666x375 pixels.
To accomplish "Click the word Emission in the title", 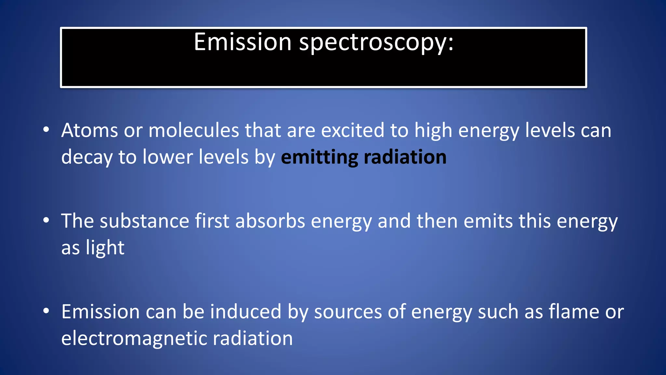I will point(242,42).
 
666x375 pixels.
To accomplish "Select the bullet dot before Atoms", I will point(46,130).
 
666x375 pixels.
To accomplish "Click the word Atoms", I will point(89,131).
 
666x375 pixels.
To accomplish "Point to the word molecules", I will point(193,131).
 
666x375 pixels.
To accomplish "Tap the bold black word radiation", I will point(405,157).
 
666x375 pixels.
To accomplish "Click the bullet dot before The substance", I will point(46,220).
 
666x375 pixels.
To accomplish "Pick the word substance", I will point(144,221).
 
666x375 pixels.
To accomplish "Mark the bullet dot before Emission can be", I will point(46,311).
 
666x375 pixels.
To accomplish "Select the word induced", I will point(246,312).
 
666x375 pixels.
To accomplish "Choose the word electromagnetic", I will point(134,339).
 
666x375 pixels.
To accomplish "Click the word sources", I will point(348,312).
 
